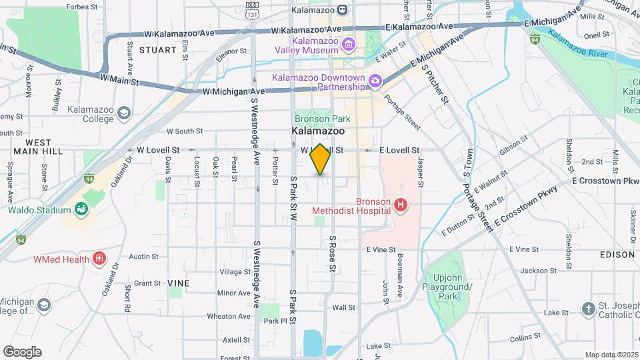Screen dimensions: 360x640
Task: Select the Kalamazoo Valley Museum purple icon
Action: (x=347, y=45)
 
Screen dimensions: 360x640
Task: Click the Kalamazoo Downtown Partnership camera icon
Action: (x=375, y=81)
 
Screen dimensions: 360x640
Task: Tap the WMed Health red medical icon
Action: (x=99, y=258)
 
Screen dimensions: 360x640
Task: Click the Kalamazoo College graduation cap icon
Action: (x=123, y=113)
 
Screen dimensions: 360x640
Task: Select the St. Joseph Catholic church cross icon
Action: (x=587, y=308)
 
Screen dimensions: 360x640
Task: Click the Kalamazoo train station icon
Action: (x=343, y=10)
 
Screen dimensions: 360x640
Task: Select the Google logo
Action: (x=22, y=352)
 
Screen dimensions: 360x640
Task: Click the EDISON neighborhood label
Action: (x=617, y=255)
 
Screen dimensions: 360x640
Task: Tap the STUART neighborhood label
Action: (x=158, y=50)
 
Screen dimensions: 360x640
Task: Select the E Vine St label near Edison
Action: (x=522, y=249)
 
